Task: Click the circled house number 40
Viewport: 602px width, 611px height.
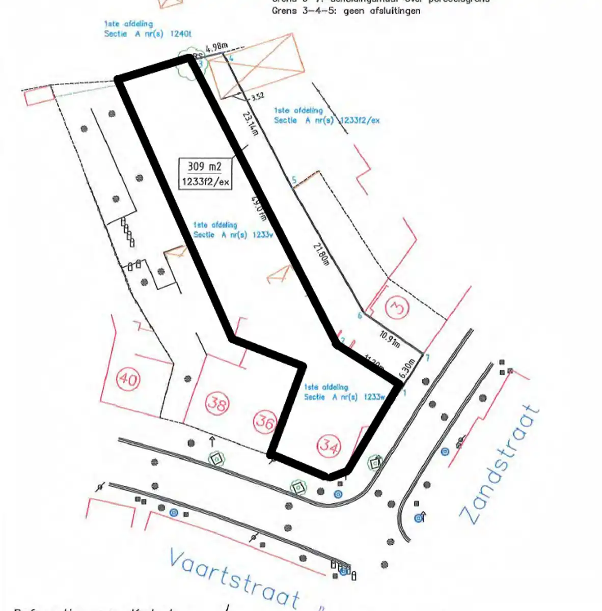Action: (x=128, y=380)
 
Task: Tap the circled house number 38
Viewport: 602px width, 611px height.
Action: (x=217, y=404)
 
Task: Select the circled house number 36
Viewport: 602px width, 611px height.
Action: (x=265, y=421)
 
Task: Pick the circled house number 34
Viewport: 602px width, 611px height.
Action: (x=329, y=446)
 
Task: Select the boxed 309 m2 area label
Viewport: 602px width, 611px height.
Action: (x=205, y=174)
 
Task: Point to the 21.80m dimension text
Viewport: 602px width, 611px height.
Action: (x=321, y=255)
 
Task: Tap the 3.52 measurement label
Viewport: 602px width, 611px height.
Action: (x=258, y=96)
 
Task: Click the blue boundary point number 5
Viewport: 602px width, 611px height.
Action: (x=294, y=180)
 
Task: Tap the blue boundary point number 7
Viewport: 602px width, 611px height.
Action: (x=427, y=358)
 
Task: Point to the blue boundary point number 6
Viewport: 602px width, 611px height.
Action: (x=360, y=316)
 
